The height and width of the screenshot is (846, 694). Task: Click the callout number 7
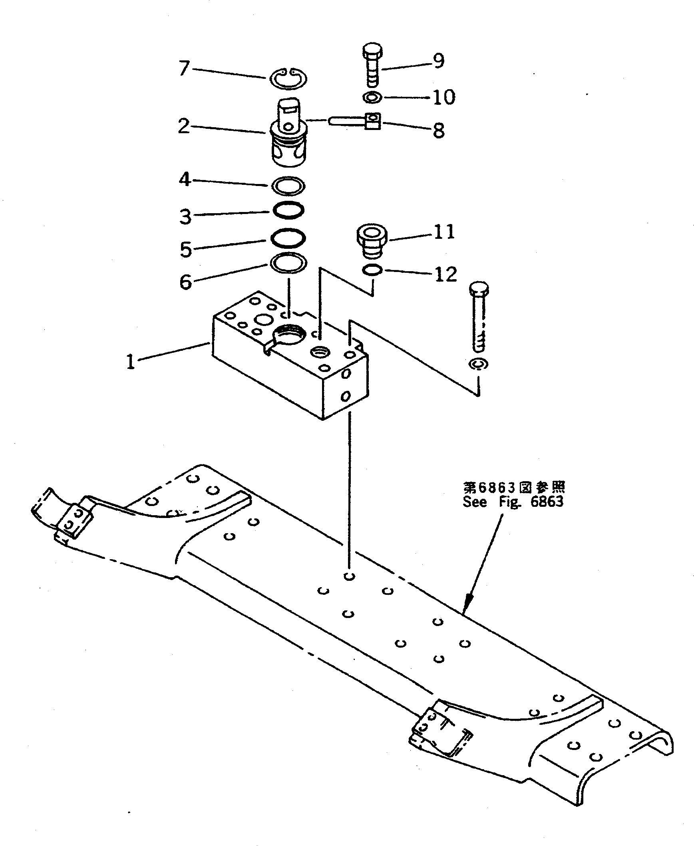[x=183, y=68]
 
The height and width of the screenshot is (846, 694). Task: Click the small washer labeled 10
[x=373, y=97]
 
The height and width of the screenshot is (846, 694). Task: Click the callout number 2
[x=183, y=126]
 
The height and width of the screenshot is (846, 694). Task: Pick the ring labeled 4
[x=288, y=186]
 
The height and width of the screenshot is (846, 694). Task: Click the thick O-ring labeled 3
[x=288, y=210]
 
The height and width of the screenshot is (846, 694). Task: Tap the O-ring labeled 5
[x=288, y=238]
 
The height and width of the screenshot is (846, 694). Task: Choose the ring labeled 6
[x=288, y=263]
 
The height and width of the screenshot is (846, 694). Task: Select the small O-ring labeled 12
[x=372, y=270]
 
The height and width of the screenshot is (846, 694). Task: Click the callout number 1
[x=131, y=362]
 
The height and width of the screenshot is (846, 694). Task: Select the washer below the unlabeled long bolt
[x=478, y=364]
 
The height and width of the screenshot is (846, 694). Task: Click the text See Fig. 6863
[x=513, y=502]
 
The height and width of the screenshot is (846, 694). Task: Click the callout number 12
[x=445, y=274]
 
